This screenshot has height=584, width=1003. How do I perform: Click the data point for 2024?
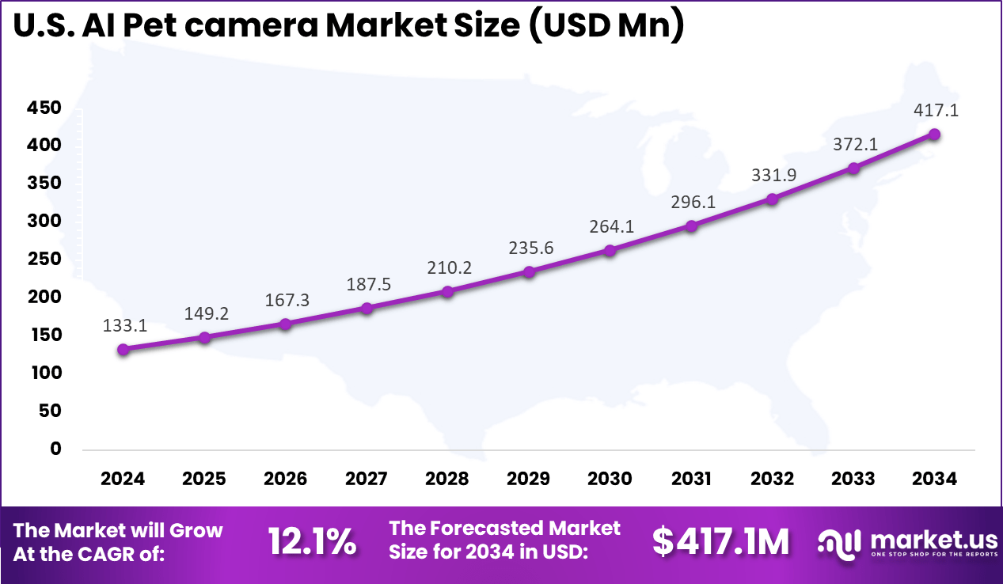pyautogui.click(x=123, y=350)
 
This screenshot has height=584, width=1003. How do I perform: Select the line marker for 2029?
pyautogui.click(x=530, y=272)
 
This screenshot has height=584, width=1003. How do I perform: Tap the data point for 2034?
pyautogui.click(x=935, y=135)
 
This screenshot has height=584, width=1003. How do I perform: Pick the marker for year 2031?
pyautogui.click(x=692, y=226)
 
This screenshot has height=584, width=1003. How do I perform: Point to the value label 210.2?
pyautogui.click(x=448, y=267)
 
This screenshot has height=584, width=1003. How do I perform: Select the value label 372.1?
pyautogui.click(x=853, y=143)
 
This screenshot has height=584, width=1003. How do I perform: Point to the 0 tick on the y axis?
pyautogui.click(x=55, y=449)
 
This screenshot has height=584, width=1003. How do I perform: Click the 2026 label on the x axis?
pyautogui.click(x=285, y=479)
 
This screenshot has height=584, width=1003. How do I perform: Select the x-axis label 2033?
pyautogui.click(x=853, y=479)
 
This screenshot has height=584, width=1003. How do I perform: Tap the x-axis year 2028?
pyautogui.click(x=447, y=479)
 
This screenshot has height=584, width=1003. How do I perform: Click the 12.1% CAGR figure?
pyautogui.click(x=312, y=542)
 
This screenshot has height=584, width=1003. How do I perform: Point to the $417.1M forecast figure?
pyautogui.click(x=720, y=542)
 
